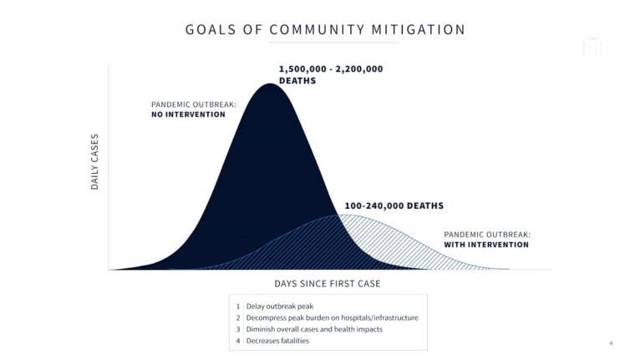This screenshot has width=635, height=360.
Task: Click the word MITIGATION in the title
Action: tap(419, 29)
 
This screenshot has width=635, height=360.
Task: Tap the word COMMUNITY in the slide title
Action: tap(317, 29)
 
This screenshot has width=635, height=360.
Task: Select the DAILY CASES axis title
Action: tap(94, 161)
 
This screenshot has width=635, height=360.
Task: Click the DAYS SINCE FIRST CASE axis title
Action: tap(328, 283)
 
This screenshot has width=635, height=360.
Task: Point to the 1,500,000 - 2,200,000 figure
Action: tap(331, 68)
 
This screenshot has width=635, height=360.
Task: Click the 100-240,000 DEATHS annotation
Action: tap(394, 205)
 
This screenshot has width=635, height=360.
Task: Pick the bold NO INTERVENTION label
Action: tap(188, 114)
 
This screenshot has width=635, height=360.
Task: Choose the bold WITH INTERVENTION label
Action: tap(486, 245)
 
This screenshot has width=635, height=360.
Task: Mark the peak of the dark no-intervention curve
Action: tap(270, 84)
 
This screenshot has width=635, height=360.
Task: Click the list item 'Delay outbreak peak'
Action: tap(280, 307)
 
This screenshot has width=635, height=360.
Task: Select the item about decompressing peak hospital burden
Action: tap(332, 318)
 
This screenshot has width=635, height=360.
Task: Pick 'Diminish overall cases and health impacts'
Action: tap(314, 329)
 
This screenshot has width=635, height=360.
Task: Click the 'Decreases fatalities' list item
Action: tap(277, 341)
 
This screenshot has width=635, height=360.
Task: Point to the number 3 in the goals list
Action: tap(238, 329)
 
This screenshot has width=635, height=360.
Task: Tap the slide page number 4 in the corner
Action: tap(611, 343)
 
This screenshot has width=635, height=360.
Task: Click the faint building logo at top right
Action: tap(592, 46)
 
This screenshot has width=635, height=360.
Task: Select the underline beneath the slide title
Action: tap(333, 42)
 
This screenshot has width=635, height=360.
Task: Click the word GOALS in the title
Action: tap(211, 29)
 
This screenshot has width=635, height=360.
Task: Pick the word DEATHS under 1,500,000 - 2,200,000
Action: tap(297, 80)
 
